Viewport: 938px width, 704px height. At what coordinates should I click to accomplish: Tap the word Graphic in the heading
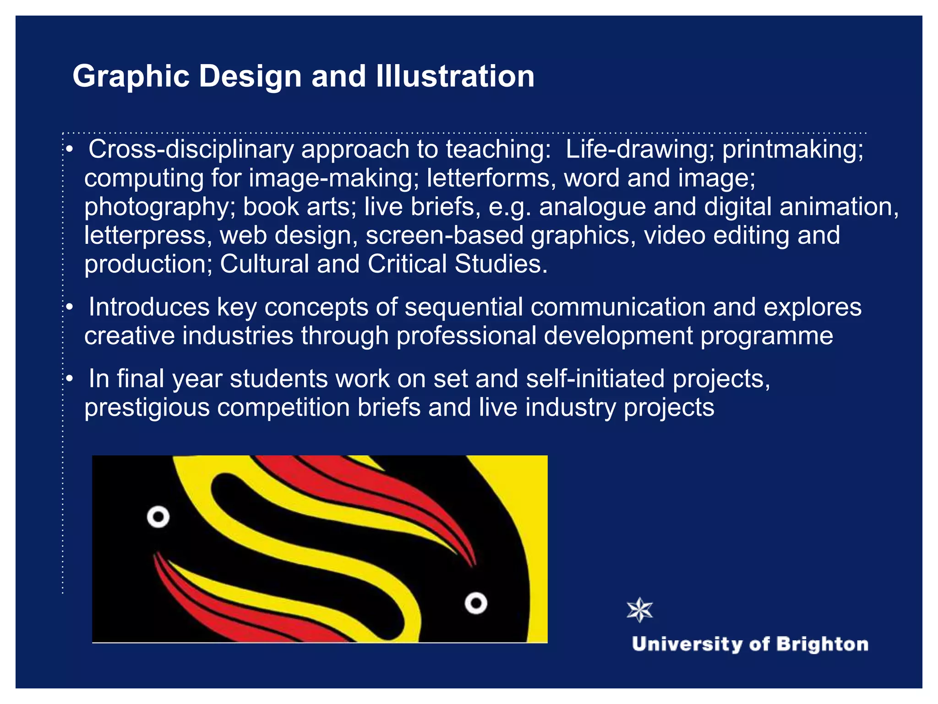pos(131,77)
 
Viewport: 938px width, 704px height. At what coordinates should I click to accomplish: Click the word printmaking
pos(792,150)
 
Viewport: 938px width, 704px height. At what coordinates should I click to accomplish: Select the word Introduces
pos(149,307)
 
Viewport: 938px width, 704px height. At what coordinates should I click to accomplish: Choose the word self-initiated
pos(595,379)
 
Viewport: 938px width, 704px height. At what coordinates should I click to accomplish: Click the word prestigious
pos(147,408)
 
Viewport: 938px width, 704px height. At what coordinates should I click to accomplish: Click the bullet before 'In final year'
pos(69,379)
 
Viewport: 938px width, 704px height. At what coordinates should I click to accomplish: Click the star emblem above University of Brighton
pos(639,610)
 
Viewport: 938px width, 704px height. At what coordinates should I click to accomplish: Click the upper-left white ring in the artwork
pos(158,517)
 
